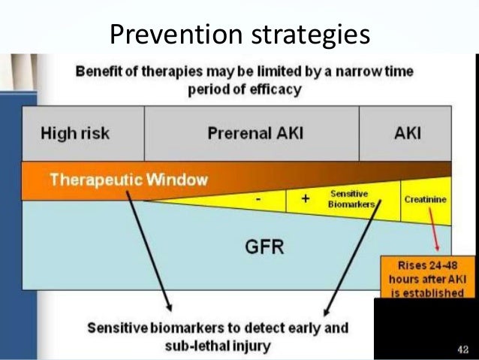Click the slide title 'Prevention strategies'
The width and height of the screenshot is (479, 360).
[x=239, y=32]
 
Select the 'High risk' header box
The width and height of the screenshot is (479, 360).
[x=75, y=134]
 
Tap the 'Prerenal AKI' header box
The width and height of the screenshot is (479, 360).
[x=251, y=134]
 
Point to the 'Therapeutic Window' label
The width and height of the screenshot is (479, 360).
[x=128, y=180]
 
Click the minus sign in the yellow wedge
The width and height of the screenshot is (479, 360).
[x=259, y=200]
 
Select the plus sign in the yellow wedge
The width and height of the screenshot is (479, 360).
[x=304, y=199]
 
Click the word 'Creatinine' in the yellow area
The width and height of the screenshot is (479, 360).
[x=424, y=201]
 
